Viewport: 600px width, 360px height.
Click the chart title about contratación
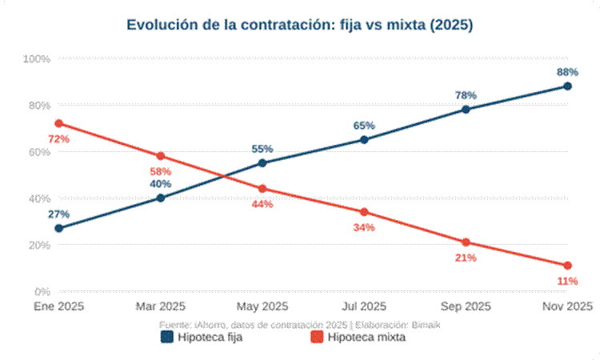[300, 26]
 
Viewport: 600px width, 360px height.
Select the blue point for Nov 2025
[567, 86]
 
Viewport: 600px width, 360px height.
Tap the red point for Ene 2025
[58, 123]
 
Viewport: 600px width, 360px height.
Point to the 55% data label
[262, 149]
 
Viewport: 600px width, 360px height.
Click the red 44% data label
[262, 204]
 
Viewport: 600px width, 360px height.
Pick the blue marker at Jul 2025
[364, 139]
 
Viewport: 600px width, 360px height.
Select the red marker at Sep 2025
[466, 242]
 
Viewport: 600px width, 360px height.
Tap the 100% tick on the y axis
[37, 59]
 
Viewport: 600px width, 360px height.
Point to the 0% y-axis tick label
[42, 291]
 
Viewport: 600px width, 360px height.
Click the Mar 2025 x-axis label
[160, 306]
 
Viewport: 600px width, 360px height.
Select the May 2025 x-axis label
[262, 306]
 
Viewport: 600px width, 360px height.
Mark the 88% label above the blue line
[567, 72]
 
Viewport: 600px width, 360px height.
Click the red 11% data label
[567, 281]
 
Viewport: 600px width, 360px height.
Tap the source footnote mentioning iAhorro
[300, 324]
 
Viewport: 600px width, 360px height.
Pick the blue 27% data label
[58, 214]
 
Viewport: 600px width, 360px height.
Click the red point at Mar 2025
[160, 156]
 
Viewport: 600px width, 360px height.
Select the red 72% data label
[58, 139]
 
